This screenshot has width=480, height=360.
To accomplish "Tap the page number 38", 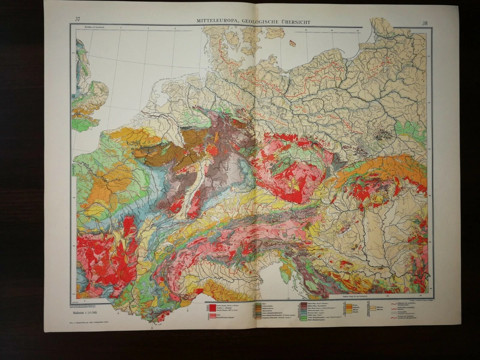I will pyautogui.click(x=424, y=23).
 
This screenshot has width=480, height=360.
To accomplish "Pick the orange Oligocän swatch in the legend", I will pyautogui.click(x=349, y=307).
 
